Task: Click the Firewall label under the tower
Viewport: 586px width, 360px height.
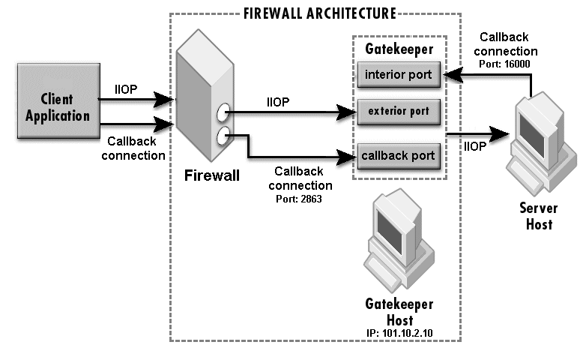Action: click(x=212, y=175)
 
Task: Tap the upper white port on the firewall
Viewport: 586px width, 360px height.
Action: click(x=223, y=114)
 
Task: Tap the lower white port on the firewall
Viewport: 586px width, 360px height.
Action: click(x=223, y=136)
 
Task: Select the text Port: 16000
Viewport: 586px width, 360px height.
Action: click(x=505, y=65)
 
